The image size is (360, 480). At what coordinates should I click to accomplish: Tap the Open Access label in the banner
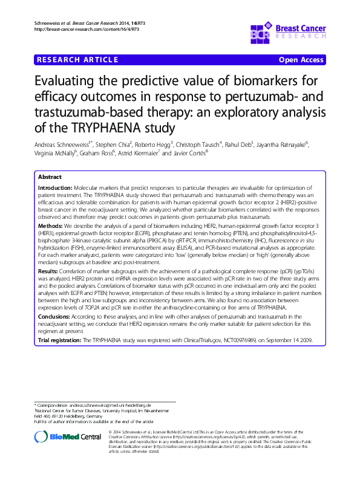click(x=299, y=60)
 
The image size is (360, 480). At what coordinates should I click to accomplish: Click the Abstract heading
click(x=50, y=177)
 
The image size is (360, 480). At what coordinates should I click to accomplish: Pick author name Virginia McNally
click(x=54, y=153)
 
